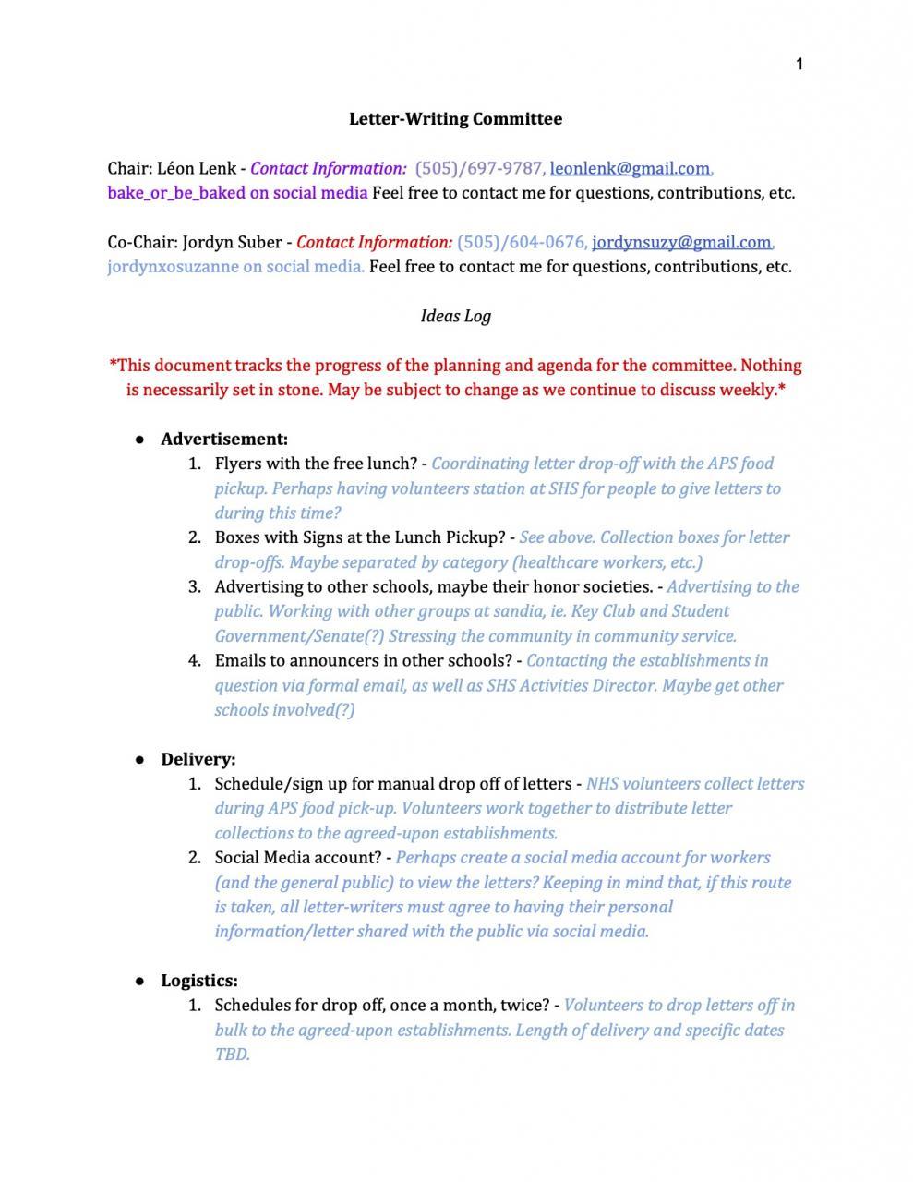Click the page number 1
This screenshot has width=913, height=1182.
tap(799, 64)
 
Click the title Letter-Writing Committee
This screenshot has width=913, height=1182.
tap(455, 119)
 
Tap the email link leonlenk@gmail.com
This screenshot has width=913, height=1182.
tap(630, 168)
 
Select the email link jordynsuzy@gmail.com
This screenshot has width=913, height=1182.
tap(681, 242)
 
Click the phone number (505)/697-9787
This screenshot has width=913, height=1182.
tap(479, 168)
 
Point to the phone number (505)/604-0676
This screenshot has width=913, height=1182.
tap(521, 242)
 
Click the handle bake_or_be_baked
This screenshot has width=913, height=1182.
tap(174, 193)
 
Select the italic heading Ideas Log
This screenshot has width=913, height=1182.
tap(455, 316)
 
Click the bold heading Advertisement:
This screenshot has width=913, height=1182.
tap(224, 440)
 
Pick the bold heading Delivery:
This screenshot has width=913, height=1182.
tap(198, 759)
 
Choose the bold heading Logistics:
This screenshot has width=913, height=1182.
tap(199, 981)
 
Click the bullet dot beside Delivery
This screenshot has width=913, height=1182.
tap(140, 760)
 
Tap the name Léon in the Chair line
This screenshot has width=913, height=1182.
tap(175, 168)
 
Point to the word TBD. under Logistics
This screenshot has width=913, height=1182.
tap(232, 1055)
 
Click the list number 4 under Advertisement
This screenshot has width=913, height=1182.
tap(194, 661)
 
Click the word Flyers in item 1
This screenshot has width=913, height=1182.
tap(238, 464)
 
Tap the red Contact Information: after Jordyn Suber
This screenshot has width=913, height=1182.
tap(374, 242)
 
